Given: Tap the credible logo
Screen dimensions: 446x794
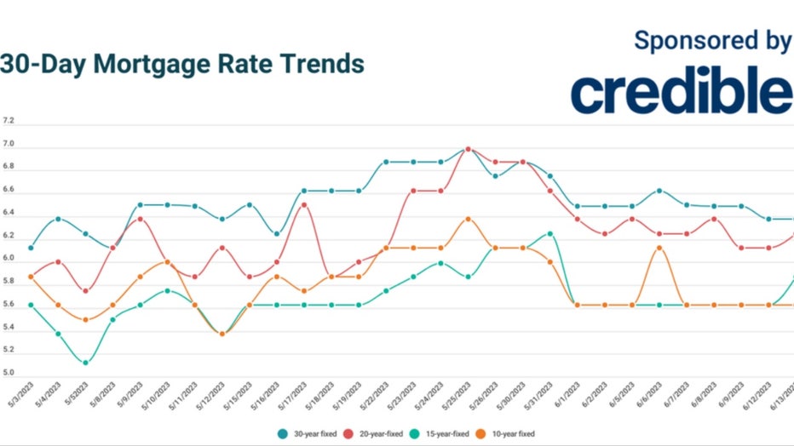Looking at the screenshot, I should [x=682, y=94].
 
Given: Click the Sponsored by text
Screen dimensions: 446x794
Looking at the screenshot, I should [x=712, y=40].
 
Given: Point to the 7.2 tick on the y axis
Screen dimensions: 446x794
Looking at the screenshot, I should [x=9, y=121].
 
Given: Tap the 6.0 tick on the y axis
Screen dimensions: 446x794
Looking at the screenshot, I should [x=9, y=259].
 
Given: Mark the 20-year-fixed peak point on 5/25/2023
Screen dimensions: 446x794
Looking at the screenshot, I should [x=468, y=149].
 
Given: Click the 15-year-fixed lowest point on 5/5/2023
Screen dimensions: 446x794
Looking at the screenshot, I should [x=85, y=363].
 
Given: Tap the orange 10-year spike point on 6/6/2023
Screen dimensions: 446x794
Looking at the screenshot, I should [x=659, y=248].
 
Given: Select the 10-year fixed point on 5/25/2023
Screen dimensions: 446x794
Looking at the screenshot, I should [x=468, y=219].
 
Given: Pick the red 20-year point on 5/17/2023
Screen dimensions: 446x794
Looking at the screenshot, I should [x=304, y=205].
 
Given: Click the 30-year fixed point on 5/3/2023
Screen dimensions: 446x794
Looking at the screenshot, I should [x=31, y=248].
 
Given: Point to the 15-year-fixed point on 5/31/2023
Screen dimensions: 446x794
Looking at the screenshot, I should [x=549, y=233].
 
